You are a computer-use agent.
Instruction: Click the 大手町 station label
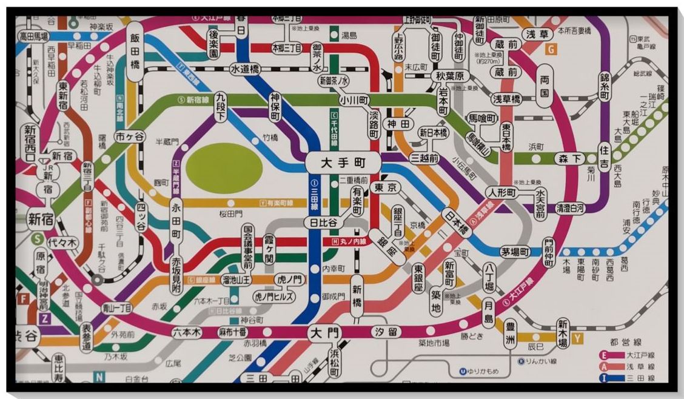tap(343, 163)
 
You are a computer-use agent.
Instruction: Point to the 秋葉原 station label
tap(450, 76)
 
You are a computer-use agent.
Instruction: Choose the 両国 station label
tap(545, 85)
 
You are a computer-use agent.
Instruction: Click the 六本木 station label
tap(186, 332)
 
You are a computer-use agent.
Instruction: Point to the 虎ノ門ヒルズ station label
tap(274, 297)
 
